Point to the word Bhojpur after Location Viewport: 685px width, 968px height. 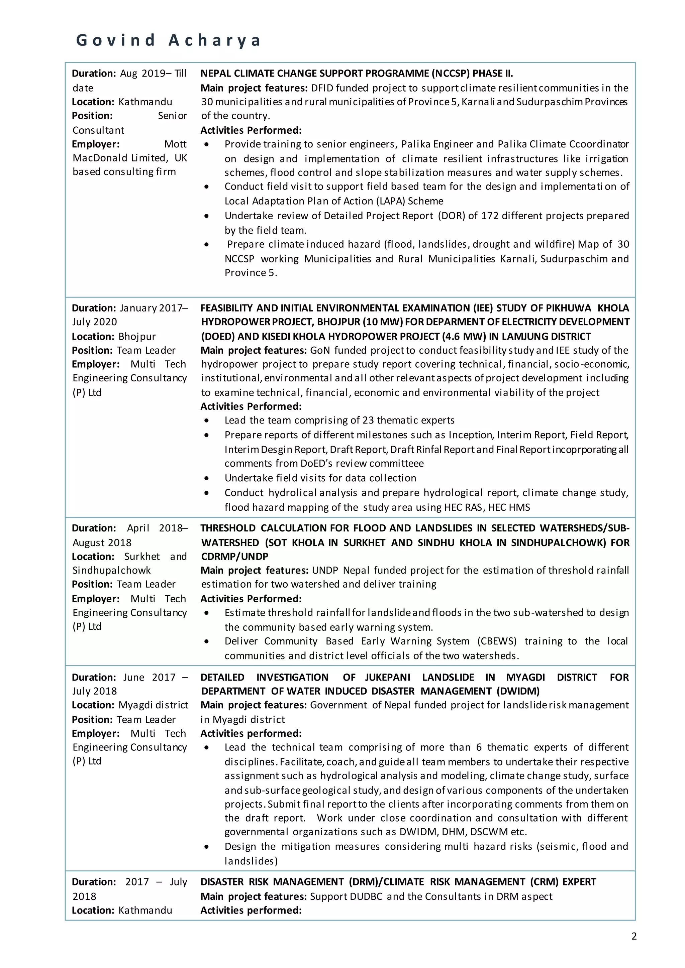(137, 337)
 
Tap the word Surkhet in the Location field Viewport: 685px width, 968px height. (142, 557)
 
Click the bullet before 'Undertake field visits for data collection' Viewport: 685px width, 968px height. (206, 478)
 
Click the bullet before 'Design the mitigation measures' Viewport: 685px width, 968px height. (206, 847)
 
